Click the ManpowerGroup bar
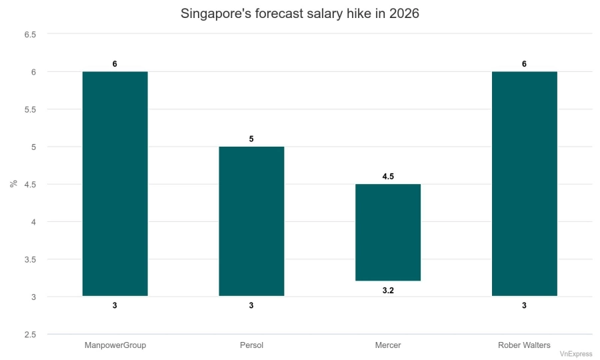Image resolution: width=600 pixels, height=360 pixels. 115,183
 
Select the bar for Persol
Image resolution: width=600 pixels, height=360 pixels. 251,221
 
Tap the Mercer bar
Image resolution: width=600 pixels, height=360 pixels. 388,232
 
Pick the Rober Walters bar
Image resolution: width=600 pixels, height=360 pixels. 524,183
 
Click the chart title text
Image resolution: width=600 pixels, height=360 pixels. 299,13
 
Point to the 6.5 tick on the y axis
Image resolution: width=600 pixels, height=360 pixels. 30,34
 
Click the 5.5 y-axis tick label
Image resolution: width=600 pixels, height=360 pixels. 30,109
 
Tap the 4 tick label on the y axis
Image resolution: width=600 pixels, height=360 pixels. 33,221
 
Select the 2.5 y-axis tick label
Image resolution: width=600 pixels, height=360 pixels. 30,334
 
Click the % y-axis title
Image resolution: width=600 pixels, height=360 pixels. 13,183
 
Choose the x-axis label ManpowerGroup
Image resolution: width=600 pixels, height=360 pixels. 115,345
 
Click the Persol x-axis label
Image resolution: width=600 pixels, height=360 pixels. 251,345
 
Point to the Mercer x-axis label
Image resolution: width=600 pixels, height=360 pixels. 388,345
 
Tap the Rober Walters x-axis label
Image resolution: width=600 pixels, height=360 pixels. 524,345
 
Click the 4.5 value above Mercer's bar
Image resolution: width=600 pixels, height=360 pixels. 388,177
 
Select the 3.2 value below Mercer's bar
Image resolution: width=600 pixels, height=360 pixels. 388,291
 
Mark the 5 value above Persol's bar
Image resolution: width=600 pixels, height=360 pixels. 251,139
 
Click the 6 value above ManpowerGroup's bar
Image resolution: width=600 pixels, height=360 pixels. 115,64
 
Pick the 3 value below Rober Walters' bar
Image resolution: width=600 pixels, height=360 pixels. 524,305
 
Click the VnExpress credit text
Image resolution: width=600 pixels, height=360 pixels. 576,354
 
